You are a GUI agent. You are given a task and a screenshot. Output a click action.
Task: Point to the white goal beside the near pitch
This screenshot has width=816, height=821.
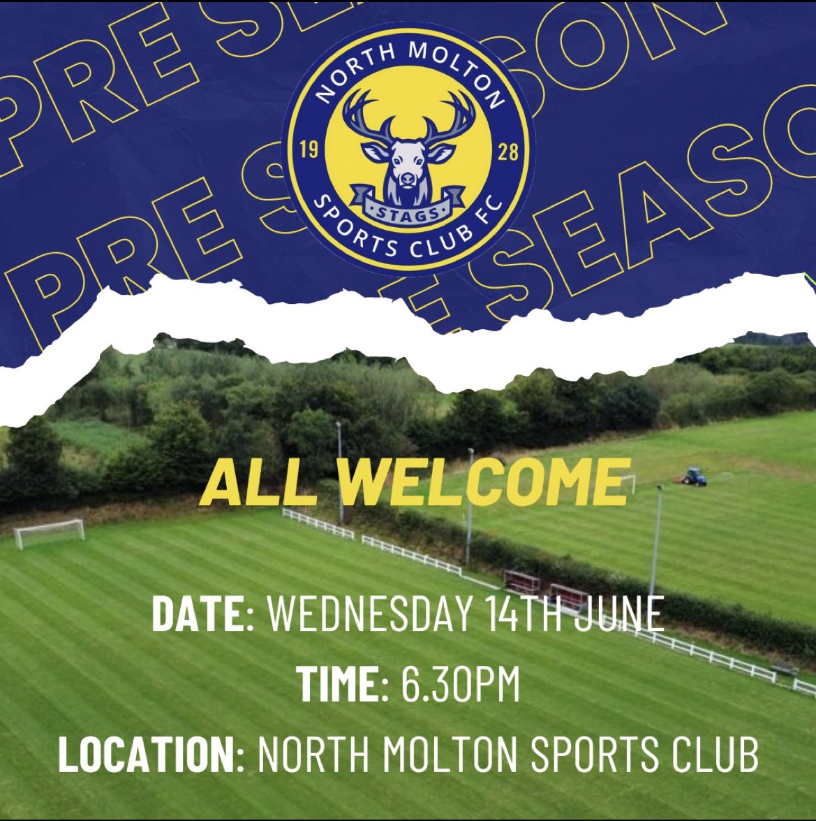click(x=49, y=532)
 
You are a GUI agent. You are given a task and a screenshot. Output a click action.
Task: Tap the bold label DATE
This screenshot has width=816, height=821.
click(x=195, y=615)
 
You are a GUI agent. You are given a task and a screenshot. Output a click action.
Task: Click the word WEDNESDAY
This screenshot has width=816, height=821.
click(x=371, y=615)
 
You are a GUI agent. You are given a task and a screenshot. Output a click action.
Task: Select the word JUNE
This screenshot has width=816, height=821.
click(x=623, y=615)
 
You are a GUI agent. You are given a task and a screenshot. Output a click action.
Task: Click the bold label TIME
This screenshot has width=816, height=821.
click(x=337, y=683)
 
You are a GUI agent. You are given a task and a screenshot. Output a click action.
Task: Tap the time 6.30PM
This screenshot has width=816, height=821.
click(x=461, y=683)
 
